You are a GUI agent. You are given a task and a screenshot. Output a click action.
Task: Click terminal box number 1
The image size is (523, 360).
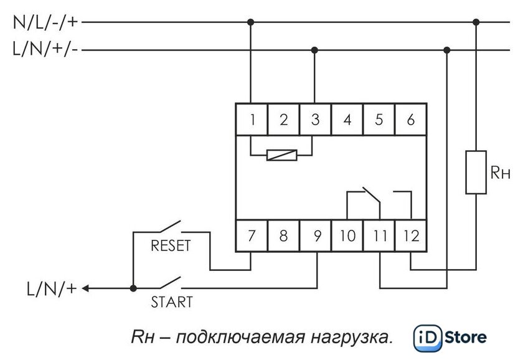252,119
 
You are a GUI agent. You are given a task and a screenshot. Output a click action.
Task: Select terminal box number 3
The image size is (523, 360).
315,119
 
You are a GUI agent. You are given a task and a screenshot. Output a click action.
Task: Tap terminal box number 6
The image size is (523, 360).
411,119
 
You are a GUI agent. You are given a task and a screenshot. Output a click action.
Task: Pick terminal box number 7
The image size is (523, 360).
252,235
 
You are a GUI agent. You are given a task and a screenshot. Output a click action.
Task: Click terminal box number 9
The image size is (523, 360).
315,235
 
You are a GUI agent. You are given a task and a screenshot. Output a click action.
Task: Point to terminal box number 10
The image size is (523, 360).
347,235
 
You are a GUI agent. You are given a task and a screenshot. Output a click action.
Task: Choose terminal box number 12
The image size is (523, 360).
411,235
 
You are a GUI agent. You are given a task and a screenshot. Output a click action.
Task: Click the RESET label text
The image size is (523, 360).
171,246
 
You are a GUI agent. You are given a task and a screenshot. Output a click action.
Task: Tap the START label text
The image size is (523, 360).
172,302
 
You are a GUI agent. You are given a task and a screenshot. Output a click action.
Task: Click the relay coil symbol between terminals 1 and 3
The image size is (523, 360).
282,155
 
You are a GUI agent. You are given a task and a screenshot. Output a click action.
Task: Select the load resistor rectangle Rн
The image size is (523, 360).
476,172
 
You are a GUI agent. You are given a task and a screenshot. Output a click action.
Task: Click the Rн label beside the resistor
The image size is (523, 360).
501,173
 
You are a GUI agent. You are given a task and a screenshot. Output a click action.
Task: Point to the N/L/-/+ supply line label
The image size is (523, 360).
45,22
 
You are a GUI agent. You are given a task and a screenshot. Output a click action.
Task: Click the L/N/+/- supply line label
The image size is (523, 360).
45,49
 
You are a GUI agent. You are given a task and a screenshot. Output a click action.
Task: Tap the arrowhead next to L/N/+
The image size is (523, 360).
85,288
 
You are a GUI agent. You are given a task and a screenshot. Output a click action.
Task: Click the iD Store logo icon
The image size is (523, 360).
428,338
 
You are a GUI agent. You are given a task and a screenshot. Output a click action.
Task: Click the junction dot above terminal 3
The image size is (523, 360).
314,50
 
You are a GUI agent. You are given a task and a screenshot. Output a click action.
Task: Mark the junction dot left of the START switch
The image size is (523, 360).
133,288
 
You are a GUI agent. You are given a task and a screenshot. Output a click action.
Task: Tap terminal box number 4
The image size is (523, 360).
347,119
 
